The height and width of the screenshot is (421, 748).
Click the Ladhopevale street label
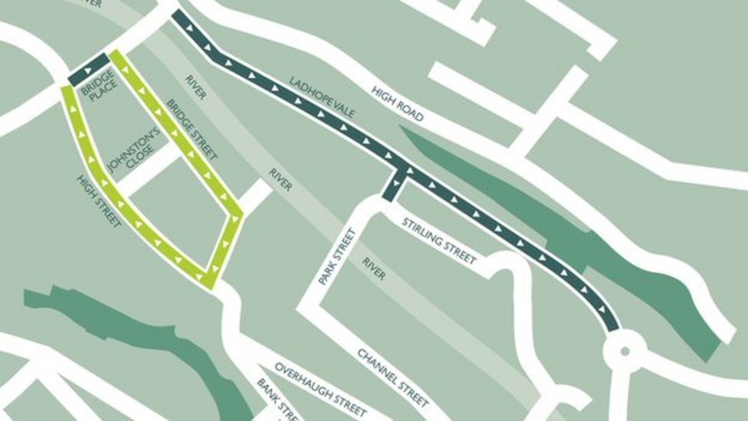(323, 97)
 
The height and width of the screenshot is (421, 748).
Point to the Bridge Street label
(192, 130)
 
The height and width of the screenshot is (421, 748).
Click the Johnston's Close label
(133, 150)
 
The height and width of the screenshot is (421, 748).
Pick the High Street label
(99, 202)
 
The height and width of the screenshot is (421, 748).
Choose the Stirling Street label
(439, 241)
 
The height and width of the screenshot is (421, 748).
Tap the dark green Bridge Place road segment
(88, 70)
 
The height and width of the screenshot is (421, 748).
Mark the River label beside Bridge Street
(195, 87)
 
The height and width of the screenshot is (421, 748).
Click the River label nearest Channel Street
(374, 268)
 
